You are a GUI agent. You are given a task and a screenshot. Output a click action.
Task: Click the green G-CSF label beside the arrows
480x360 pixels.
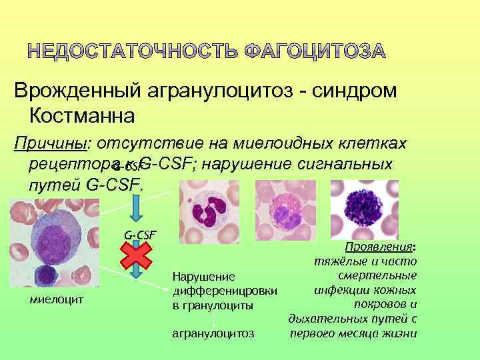pyautogui.click(x=139, y=234)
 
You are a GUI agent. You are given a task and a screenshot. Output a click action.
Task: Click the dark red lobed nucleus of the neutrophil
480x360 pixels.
pyautogui.click(x=206, y=213)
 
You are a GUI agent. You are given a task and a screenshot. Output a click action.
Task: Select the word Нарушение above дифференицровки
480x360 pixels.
pyautogui.click(x=194, y=276)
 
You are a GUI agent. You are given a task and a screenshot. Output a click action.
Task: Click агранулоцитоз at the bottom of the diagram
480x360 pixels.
pyautogui.click(x=213, y=332)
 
